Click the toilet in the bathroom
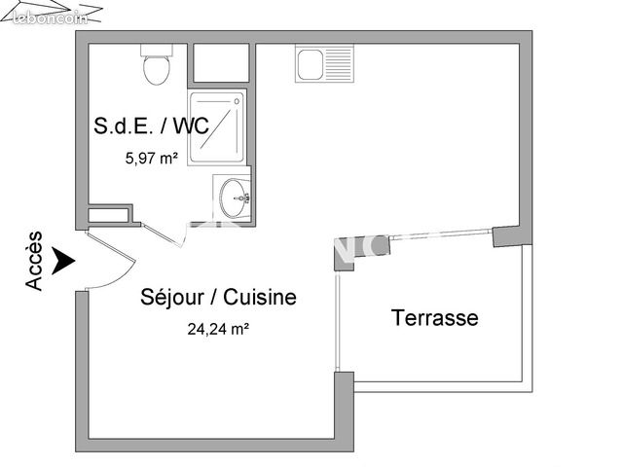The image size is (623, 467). pyautogui.click(x=156, y=67)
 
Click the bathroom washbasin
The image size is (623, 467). pyautogui.click(x=235, y=198)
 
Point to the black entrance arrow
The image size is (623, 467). pyautogui.click(x=64, y=261)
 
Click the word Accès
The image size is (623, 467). pyautogui.click(x=34, y=261)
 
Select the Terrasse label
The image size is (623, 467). pyautogui.click(x=434, y=317)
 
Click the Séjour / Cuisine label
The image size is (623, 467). pyautogui.click(x=218, y=298)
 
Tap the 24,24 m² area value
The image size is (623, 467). pyautogui.click(x=218, y=329)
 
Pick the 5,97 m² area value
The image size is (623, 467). pyautogui.click(x=151, y=156)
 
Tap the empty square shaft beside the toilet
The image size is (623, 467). pyautogui.click(x=221, y=62)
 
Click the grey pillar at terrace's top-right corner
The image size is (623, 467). pyautogui.click(x=508, y=236)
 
